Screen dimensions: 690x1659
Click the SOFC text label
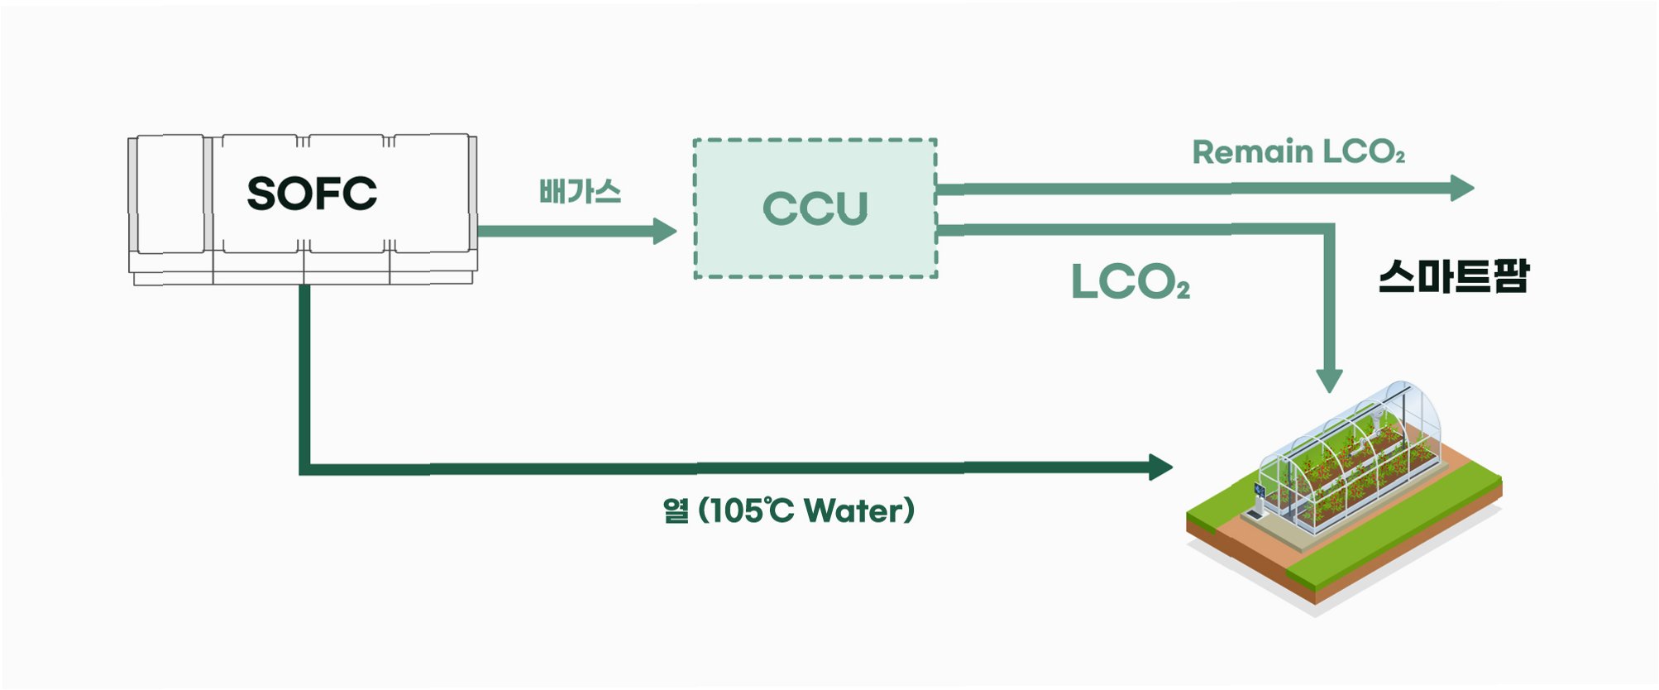coord(312,194)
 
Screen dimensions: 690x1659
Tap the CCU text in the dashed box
coord(815,208)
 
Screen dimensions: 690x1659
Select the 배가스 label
coord(580,192)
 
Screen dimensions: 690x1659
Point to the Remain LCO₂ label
coord(1298,152)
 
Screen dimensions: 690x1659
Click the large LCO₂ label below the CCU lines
coord(1130,282)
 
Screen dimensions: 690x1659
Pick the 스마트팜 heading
coord(1453,276)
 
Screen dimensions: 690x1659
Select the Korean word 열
coord(676,510)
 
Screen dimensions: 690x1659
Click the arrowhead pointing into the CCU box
coord(664,231)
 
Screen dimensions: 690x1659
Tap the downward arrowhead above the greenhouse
coord(1329,381)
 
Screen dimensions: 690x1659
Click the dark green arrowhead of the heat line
coord(1160,467)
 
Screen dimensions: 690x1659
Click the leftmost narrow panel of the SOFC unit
coord(170,194)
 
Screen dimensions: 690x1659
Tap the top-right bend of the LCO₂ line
coord(1328,230)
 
